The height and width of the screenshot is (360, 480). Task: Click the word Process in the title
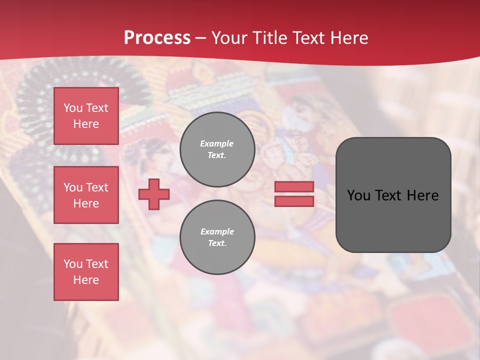click(x=157, y=38)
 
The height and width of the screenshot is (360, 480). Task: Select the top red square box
click(x=86, y=116)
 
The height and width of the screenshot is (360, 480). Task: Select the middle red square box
click(x=86, y=195)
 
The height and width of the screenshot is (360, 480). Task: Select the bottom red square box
click(x=86, y=271)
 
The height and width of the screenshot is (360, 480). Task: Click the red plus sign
click(x=154, y=194)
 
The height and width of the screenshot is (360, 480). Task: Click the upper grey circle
click(x=217, y=149)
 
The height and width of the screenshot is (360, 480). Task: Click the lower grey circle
click(x=217, y=237)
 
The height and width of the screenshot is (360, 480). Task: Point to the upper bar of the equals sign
click(x=294, y=186)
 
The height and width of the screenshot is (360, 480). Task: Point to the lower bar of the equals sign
click(x=294, y=201)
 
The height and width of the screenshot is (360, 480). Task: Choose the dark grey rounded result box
click(x=393, y=220)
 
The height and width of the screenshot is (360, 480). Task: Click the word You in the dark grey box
click(x=358, y=195)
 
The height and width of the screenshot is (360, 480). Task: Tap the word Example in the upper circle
click(x=217, y=143)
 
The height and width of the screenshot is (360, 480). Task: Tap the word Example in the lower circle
click(x=217, y=231)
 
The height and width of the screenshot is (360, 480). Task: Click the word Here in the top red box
click(x=86, y=124)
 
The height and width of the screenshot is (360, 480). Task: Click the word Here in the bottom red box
click(x=86, y=280)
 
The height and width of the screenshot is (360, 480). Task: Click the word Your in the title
click(x=229, y=38)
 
